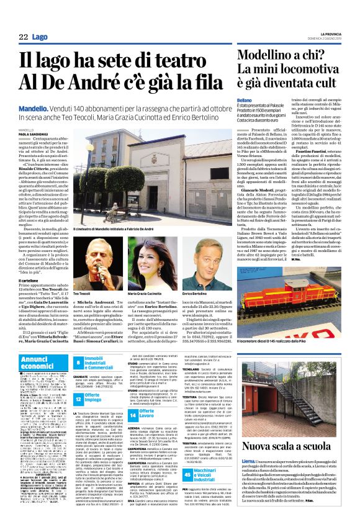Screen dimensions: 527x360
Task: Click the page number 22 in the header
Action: pos(23,37)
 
